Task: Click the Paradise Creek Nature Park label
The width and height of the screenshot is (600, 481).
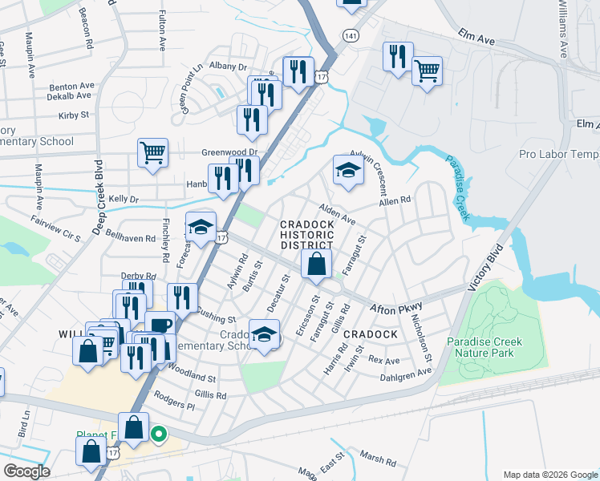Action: (484, 347)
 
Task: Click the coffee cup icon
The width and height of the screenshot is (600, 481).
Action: (160, 325)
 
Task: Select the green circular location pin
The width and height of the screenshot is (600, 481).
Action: (159, 435)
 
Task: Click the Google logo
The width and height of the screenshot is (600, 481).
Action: (26, 471)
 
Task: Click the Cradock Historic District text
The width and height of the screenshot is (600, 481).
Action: (306, 235)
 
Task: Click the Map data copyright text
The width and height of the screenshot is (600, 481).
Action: (549, 475)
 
